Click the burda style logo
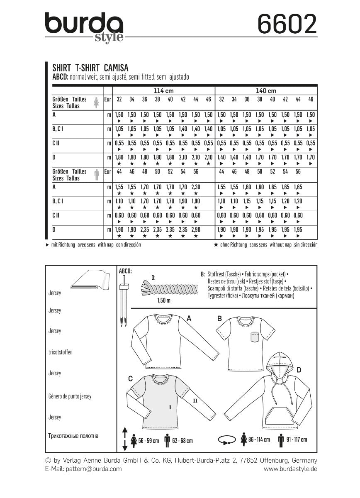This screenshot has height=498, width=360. pyautogui.click(x=84, y=26)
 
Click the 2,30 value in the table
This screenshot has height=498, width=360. pyautogui.click(x=196, y=188)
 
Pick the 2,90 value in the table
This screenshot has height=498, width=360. pyautogui.click(x=196, y=230)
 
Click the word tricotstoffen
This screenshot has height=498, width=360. pyautogui.click(x=60, y=352)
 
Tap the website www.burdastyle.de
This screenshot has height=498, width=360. pyautogui.click(x=290, y=469)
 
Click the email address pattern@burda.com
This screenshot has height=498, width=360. pyautogui.click(x=83, y=469)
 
